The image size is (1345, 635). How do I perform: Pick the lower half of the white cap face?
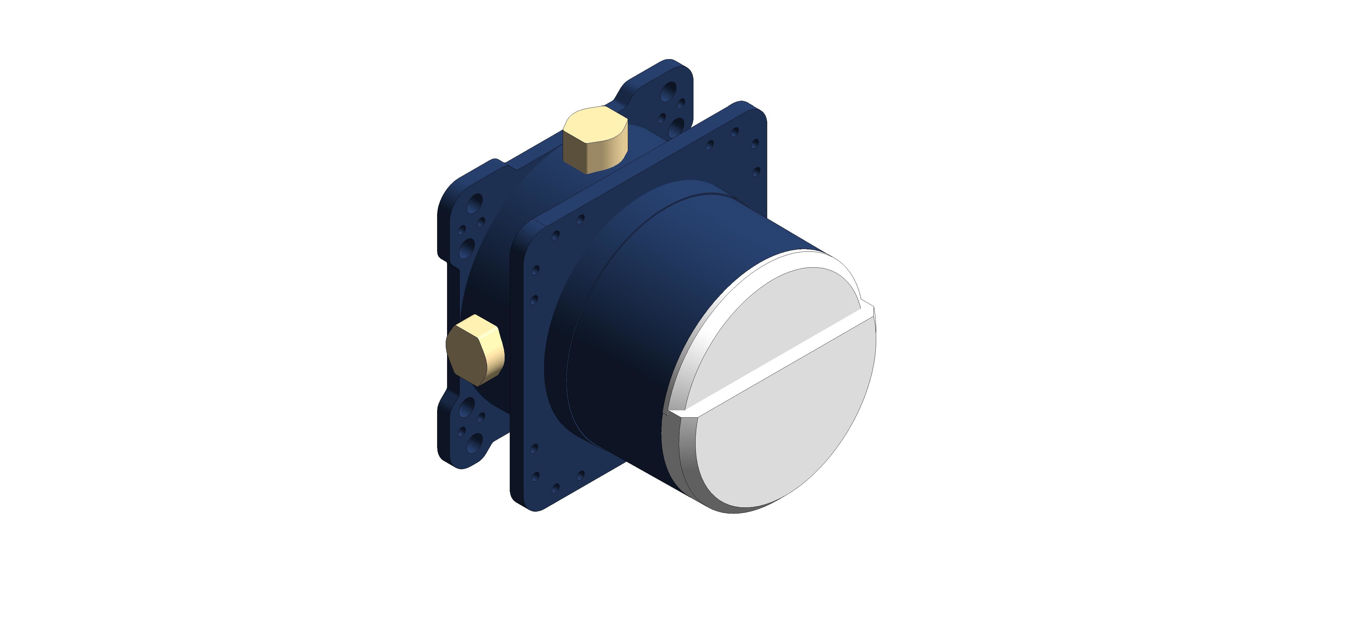pos(783,428)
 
